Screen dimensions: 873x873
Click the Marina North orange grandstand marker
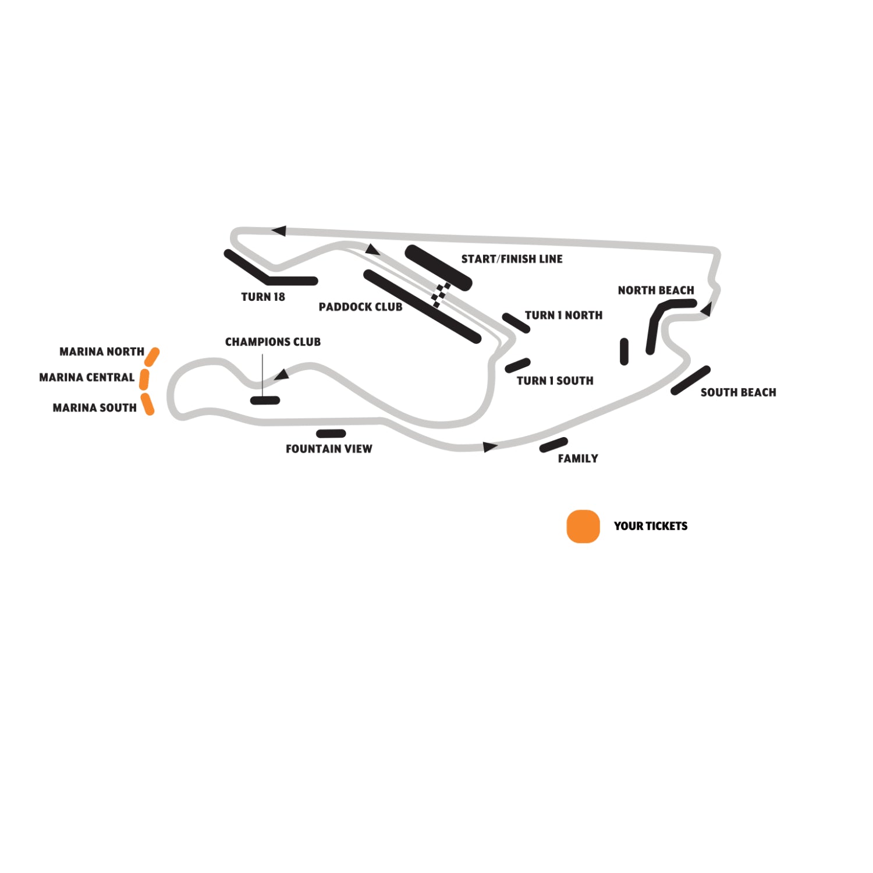pos(152,357)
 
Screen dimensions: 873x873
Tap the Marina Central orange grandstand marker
pos(144,379)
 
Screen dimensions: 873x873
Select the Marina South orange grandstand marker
pos(148,404)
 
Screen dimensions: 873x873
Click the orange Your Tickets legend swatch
pos(583,526)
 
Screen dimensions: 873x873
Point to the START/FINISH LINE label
pos(512,259)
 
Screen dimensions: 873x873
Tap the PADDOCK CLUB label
pos(360,307)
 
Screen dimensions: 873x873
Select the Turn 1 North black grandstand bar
pos(516,323)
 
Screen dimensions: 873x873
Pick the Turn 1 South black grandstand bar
pos(517,365)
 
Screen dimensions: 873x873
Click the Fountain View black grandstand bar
pos(331,434)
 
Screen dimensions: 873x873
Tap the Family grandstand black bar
pos(553,445)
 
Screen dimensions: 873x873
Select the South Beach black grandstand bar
pos(690,381)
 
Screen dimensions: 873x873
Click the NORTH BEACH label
pos(656,290)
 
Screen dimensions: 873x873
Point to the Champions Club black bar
pos(265,400)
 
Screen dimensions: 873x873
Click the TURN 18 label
pos(263,297)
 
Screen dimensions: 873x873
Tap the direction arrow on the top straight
pos(279,231)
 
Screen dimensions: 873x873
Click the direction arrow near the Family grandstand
pos(490,447)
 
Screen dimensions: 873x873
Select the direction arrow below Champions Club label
pos(282,374)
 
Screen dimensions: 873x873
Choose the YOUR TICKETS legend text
pos(651,526)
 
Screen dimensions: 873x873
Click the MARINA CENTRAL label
pos(87,377)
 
